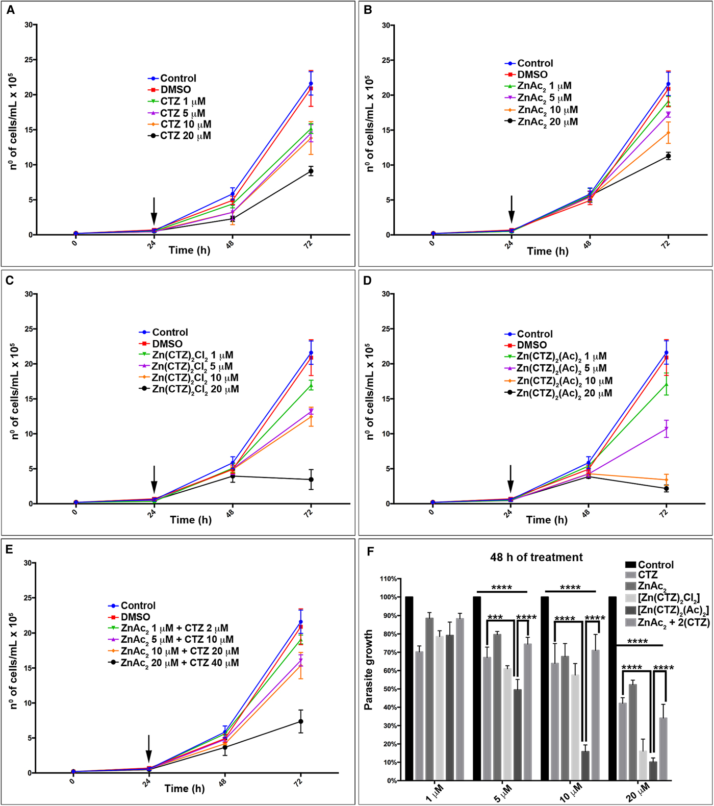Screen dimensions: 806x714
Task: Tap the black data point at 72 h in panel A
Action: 311,171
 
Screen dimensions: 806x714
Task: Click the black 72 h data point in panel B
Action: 668,156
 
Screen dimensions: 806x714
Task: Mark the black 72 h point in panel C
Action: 311,480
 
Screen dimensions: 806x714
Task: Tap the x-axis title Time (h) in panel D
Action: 547,520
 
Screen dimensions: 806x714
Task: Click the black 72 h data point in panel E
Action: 301,721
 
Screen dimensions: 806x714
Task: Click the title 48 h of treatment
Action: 537,558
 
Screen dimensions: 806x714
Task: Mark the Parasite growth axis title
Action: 369,669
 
